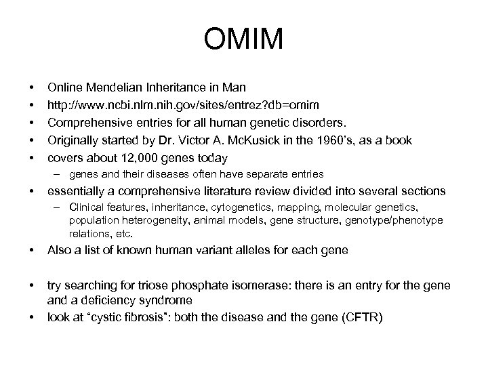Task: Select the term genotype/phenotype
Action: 399,221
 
